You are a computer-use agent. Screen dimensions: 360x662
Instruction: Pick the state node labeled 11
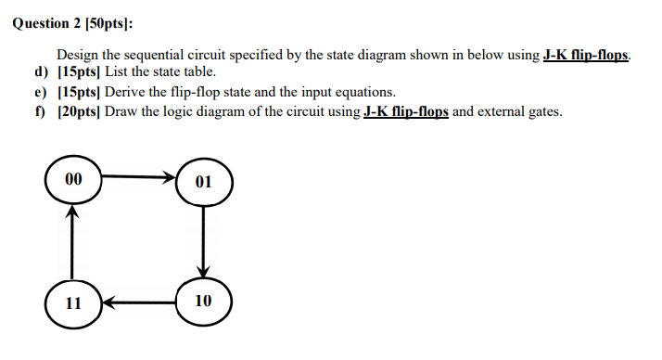coord(73,302)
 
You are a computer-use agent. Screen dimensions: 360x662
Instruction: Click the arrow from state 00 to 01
coord(140,176)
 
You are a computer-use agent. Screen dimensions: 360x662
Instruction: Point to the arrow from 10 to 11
coord(139,302)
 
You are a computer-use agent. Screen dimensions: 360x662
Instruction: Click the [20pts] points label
coord(80,112)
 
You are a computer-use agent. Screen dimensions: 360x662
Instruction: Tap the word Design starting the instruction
coord(79,55)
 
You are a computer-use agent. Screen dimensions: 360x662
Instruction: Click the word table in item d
coord(199,72)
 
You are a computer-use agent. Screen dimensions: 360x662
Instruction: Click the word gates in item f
coord(541,112)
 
